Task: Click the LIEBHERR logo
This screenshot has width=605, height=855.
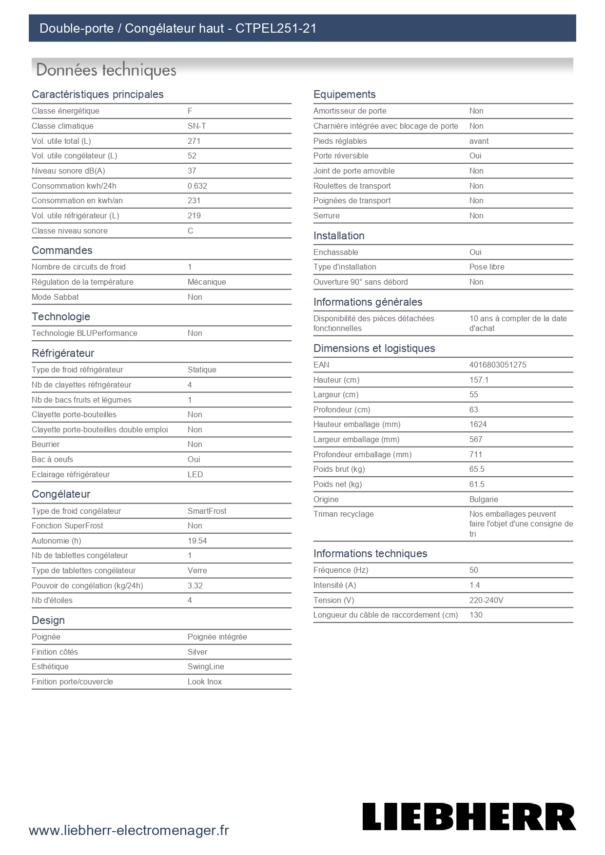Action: point(469,816)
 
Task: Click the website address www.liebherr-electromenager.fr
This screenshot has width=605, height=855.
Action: point(129,830)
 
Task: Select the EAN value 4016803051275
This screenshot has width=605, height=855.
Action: point(498,365)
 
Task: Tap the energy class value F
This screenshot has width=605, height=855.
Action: point(190,111)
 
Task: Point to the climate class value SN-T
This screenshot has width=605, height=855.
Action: point(196,126)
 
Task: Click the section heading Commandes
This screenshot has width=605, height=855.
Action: point(62,250)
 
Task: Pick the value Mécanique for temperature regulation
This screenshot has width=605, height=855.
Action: point(207,282)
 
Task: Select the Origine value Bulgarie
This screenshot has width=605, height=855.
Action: point(484,499)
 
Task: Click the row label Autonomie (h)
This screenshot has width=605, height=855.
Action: point(57,541)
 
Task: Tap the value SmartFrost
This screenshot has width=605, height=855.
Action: point(207,511)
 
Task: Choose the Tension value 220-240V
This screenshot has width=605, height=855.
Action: point(486,600)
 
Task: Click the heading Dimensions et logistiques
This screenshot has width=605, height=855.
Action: point(374,348)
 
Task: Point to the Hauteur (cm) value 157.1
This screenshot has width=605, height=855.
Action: point(479,380)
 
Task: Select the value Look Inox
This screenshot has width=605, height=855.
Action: point(204,681)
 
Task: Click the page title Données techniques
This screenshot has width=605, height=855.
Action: point(106,70)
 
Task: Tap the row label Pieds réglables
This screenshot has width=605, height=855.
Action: point(340,141)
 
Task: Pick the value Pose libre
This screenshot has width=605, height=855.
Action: point(487,267)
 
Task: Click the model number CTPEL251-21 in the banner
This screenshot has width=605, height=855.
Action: point(276,28)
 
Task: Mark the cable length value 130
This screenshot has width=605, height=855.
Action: point(476,615)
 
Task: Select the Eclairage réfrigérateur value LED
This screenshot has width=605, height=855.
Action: point(195,474)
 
